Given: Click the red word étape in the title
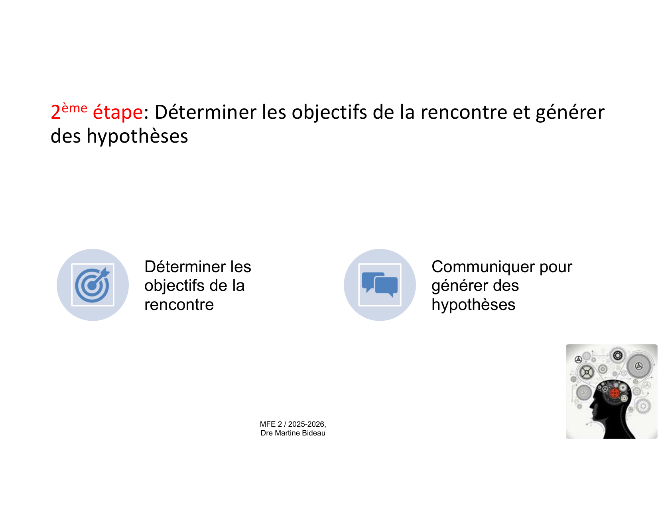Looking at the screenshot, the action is click(118, 112).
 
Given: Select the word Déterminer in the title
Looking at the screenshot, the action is click(206, 112).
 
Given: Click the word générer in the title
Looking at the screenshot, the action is click(570, 113).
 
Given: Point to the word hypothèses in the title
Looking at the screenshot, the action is click(137, 137).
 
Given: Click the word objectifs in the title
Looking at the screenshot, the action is click(329, 113).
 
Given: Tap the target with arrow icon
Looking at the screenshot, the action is click(93, 285).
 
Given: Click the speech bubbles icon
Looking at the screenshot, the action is click(380, 285).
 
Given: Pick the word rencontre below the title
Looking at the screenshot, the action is click(179, 304).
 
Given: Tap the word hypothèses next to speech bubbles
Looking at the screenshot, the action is click(473, 305).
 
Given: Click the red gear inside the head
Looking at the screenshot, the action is click(615, 393).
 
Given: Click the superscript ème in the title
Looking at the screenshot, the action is click(75, 108).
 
